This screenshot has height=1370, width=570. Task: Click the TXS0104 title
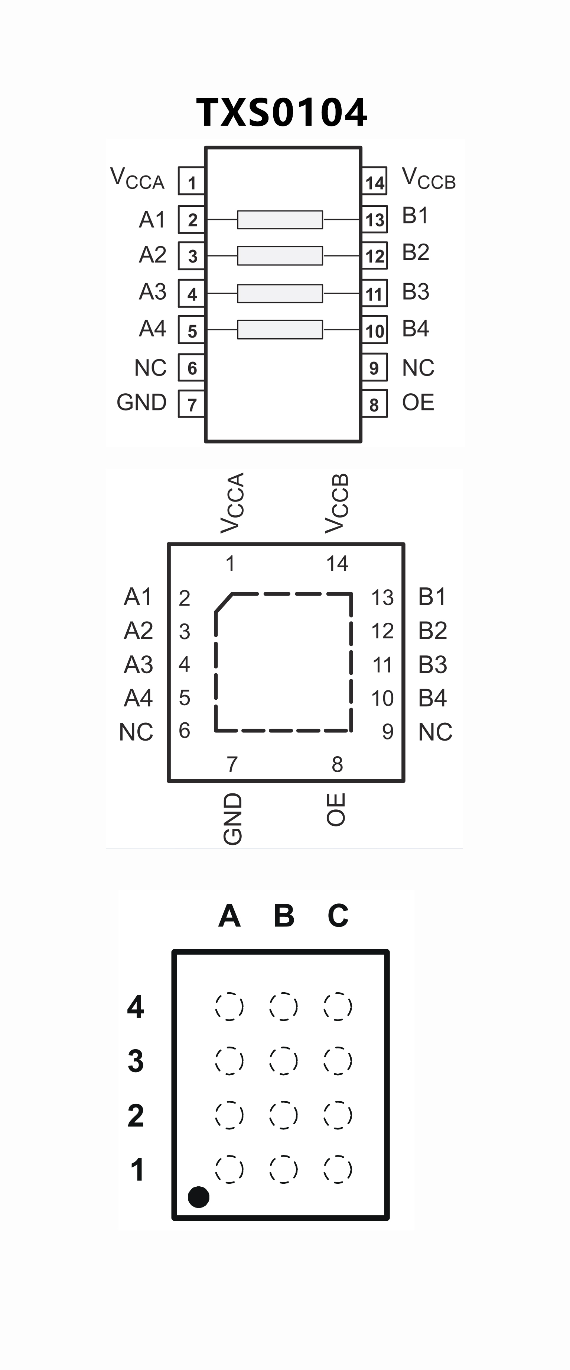coord(281,113)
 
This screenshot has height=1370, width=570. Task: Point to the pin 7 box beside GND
coord(191,404)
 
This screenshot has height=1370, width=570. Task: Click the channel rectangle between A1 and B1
coord(280,220)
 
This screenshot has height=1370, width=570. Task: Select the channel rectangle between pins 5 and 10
coord(280,329)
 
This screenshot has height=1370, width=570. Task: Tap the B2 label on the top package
coord(416,252)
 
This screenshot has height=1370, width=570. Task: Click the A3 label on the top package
coord(153,291)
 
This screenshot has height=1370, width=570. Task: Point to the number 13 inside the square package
coord(382,598)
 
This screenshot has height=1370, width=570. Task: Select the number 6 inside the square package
coord(184,731)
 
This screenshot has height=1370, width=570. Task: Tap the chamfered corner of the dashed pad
coord(224,603)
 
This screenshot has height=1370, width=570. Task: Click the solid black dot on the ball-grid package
coord(199,1197)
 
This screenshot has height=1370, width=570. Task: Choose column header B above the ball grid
coord(284,916)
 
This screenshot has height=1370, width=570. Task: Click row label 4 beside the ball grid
coord(136,1007)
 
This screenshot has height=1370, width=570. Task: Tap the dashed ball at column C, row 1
coord(338,1169)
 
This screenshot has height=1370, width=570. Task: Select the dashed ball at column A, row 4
coord(229,1006)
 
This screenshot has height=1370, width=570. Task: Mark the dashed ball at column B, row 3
coord(284,1060)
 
